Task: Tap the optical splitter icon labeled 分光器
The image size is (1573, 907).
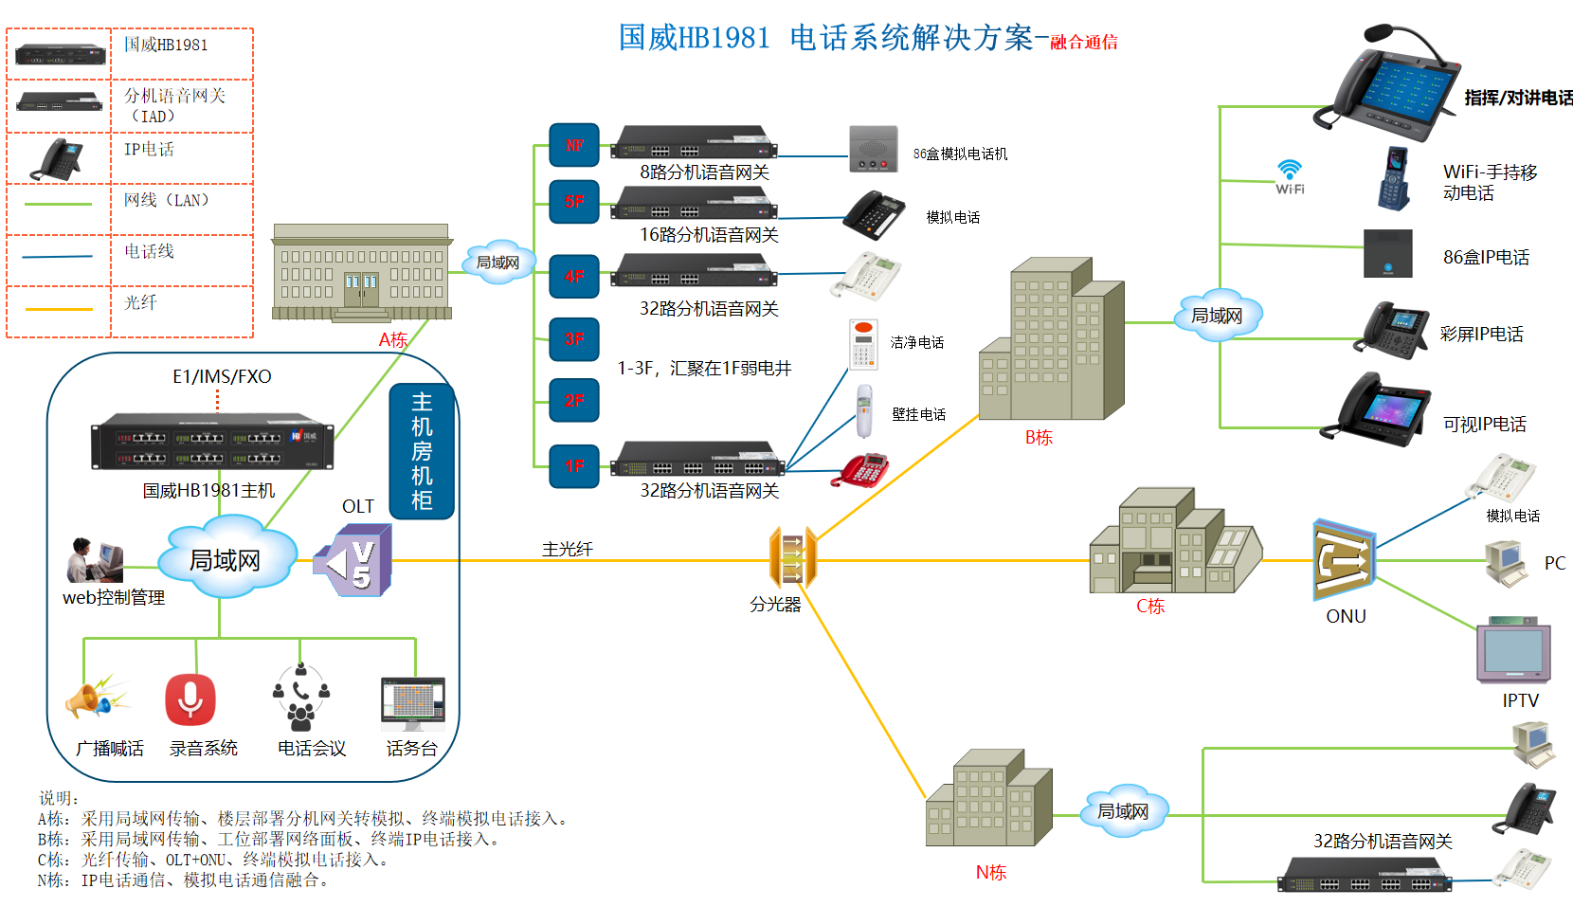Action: (792, 558)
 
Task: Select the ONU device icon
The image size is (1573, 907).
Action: (1344, 560)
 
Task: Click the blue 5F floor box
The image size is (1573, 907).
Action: (574, 202)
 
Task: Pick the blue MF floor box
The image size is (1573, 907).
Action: (574, 145)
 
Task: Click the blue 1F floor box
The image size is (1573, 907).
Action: (574, 466)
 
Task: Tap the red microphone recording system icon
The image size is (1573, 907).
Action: (190, 699)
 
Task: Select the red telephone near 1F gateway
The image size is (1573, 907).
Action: (860, 471)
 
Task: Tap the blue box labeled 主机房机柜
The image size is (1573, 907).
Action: (422, 451)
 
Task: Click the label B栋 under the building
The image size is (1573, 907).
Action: (1039, 438)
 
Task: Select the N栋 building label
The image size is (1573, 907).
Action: (991, 872)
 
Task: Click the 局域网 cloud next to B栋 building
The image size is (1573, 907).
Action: (1218, 316)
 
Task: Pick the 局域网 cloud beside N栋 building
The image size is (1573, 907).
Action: (1123, 811)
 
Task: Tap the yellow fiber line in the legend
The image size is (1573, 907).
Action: (59, 309)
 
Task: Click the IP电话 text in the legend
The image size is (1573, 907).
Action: (149, 150)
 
